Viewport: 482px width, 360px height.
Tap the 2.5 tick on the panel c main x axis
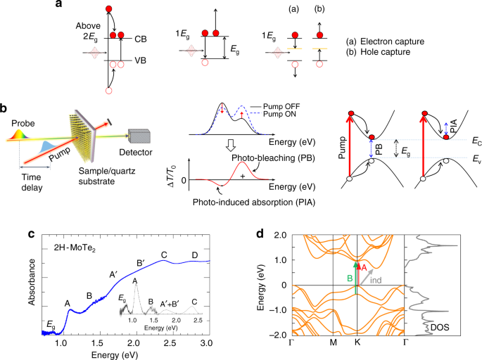tap(172, 342)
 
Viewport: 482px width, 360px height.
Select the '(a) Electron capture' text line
tap(387, 42)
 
